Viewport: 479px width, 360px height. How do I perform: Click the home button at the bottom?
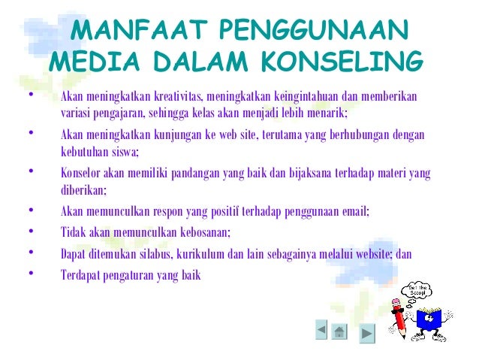[x=339, y=331]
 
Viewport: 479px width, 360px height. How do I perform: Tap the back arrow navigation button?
[x=321, y=329]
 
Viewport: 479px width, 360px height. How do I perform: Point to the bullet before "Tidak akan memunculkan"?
[x=30, y=231]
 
